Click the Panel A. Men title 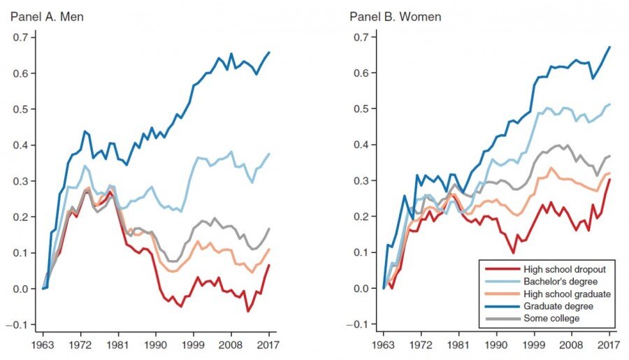47,16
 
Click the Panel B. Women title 395,16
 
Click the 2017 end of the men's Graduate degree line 269,52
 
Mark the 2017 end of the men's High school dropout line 269,265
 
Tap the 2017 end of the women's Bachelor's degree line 609,104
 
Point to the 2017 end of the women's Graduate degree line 609,47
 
